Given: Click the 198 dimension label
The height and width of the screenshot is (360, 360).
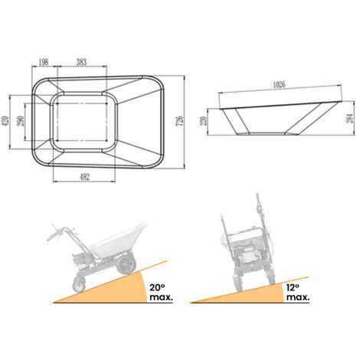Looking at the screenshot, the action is (43, 62).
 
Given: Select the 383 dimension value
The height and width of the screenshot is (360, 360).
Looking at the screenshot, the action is (81, 62).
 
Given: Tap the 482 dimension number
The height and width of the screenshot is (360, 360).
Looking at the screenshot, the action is (85, 177).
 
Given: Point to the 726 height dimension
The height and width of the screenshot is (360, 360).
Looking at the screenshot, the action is (180, 121).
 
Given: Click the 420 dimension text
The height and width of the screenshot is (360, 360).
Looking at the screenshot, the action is (5, 121).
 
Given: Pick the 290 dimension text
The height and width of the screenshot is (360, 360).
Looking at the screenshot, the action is (21, 121).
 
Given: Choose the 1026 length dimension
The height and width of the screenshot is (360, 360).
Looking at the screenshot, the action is (279, 85).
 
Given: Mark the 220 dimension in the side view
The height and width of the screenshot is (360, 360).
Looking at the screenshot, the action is (204, 121).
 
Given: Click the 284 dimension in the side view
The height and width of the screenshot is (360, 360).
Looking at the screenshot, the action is (349, 119).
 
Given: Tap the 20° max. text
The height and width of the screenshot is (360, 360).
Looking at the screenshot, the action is (161, 292).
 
